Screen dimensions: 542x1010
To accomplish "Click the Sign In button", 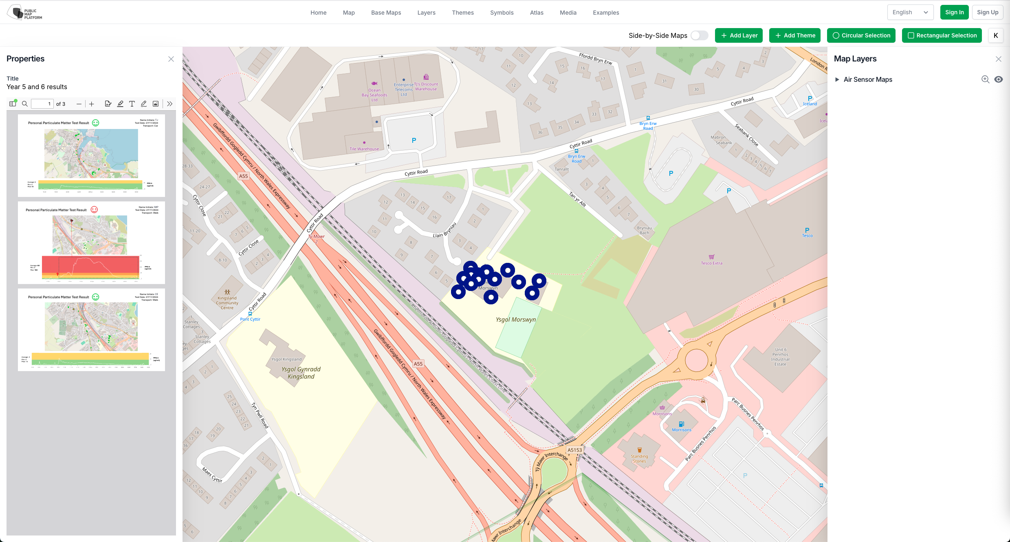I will point(954,12).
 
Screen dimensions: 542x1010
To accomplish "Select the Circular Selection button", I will point(861,35).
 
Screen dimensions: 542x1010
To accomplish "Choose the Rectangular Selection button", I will point(942,35).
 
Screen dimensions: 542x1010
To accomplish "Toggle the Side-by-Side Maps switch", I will point(700,35).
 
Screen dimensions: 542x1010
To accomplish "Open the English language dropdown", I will point(910,12).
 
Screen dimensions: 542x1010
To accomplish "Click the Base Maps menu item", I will point(386,13).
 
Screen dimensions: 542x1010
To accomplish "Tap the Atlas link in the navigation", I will point(537,13).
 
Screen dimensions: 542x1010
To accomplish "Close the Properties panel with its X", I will point(171,59).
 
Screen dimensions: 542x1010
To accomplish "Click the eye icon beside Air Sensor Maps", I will point(999,79).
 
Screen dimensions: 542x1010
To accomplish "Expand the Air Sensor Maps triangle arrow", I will point(837,79).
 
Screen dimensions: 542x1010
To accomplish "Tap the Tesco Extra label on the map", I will point(711,263).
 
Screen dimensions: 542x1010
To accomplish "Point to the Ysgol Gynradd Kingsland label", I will point(301,373).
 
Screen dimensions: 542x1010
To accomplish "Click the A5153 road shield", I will point(575,450).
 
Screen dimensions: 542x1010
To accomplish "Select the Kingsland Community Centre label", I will point(227,303).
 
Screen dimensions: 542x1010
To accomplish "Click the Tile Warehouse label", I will point(364,149).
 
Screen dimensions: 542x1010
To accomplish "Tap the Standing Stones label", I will point(639,459).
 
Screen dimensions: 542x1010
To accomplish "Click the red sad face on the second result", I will point(94,210).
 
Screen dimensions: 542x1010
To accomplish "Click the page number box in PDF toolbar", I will point(42,104).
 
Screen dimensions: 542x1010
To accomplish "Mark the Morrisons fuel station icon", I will point(681,424).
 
